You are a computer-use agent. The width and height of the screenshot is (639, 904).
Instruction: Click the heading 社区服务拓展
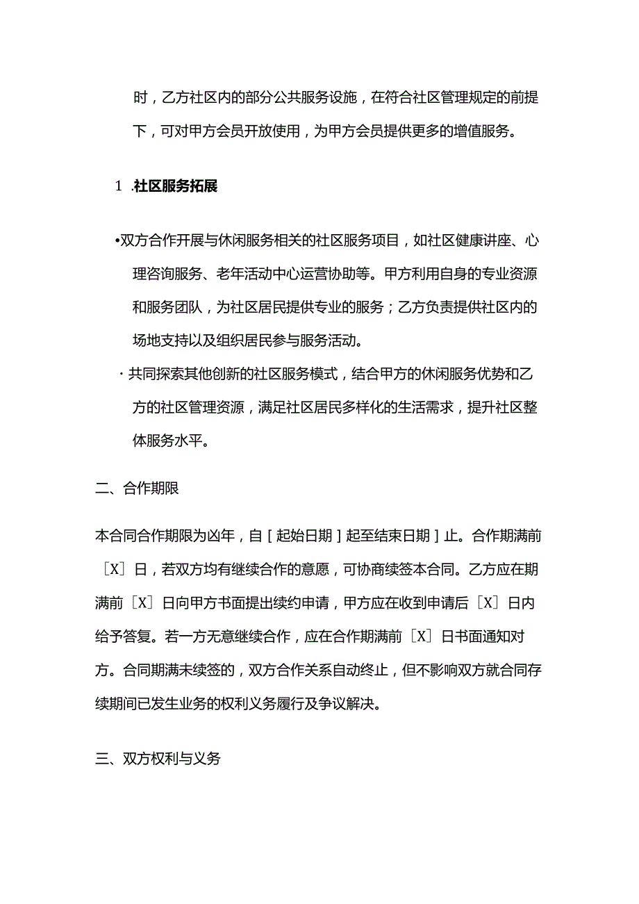click(x=175, y=186)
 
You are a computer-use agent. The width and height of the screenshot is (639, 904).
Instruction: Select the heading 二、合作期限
click(x=137, y=488)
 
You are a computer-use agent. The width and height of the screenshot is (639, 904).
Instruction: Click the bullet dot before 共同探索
click(x=121, y=375)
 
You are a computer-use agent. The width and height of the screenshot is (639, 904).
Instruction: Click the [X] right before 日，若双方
click(x=113, y=570)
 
